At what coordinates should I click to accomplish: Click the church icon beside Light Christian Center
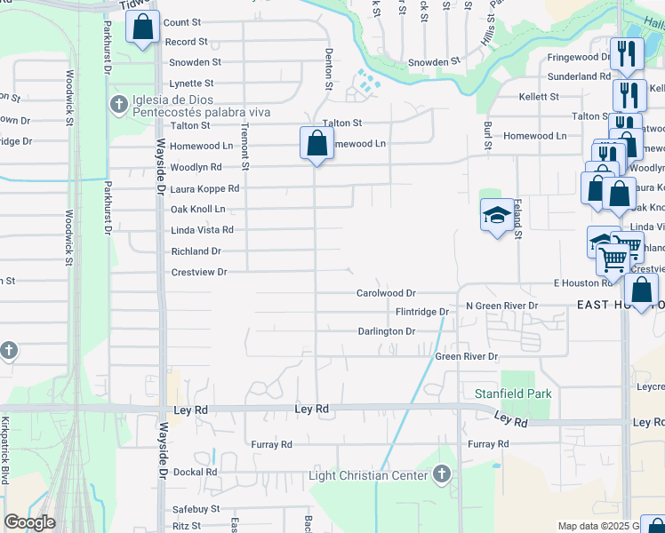coord(443,474)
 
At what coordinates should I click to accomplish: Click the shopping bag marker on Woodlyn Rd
coord(316,144)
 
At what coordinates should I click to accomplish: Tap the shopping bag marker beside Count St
coord(142,28)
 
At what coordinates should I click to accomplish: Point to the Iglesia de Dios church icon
coord(118,105)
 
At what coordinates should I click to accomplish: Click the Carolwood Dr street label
coord(386,292)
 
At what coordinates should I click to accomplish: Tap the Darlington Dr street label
coord(386,331)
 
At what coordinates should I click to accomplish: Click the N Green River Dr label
coord(502,306)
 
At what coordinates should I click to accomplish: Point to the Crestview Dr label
coord(199,272)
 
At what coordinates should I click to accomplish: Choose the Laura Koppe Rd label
coord(204,188)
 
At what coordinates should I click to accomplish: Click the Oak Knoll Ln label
coord(197,209)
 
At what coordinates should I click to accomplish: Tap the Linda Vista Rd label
coord(202,230)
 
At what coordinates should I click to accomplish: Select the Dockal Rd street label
coord(195,472)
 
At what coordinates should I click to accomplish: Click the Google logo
coord(29,522)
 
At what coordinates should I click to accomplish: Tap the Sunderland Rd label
coord(580,76)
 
